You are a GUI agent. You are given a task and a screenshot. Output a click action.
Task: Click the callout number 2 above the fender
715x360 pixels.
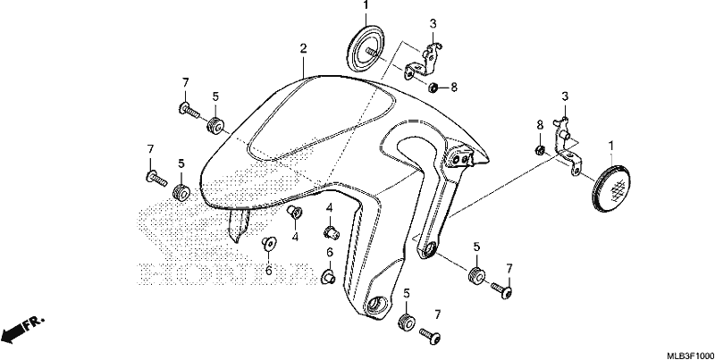click(303, 49)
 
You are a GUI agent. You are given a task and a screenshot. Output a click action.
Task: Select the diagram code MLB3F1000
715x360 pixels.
click(690, 355)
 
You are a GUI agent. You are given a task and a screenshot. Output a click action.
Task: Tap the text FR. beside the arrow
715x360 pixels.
click(35, 322)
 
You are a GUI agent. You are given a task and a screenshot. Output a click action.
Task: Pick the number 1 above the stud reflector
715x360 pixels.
click(366, 5)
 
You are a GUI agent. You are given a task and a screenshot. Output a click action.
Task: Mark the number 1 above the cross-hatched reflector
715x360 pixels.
click(611, 146)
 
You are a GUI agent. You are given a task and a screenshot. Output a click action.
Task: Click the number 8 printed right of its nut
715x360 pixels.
click(454, 87)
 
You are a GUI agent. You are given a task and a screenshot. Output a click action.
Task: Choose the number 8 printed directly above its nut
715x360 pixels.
click(540, 124)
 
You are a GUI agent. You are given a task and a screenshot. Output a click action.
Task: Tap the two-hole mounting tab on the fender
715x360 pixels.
click(460, 157)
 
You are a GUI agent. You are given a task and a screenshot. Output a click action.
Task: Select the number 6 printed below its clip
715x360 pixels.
click(269, 271)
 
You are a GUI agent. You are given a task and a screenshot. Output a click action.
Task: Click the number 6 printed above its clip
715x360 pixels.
click(329, 252)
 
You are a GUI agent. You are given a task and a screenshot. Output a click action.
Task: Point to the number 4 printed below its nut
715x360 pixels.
click(296, 237)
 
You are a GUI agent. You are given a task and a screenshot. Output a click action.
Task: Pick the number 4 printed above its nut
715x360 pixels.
click(329, 209)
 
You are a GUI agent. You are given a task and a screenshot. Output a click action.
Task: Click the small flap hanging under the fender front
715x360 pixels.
click(239, 224)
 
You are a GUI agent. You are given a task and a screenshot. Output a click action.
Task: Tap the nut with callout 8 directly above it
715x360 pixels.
click(539, 149)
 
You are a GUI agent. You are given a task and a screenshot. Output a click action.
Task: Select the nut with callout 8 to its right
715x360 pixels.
click(433, 87)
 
